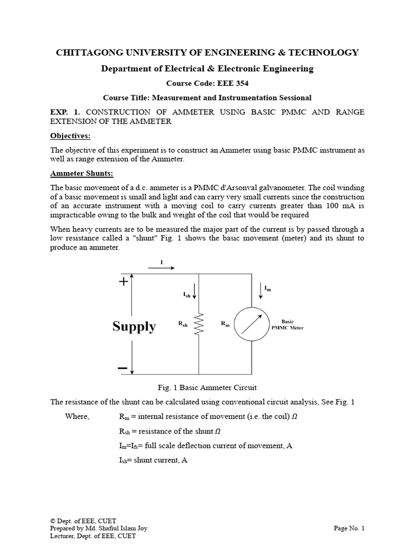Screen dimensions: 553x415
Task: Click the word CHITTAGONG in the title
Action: pos(86,52)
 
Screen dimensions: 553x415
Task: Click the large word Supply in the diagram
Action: pos(134,326)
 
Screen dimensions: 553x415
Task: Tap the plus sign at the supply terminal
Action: pos(123,281)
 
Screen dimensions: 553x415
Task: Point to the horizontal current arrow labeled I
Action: pos(162,267)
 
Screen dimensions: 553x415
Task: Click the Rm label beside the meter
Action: pos(225,324)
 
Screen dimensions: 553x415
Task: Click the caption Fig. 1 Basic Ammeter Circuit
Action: pos(207,388)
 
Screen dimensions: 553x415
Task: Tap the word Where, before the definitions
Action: pos(77,416)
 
